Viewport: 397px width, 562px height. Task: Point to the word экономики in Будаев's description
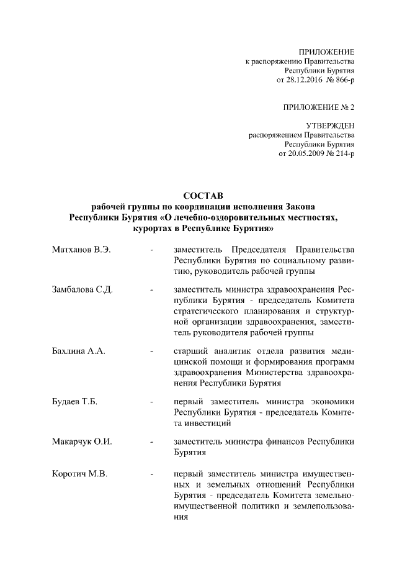(x=334, y=402)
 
